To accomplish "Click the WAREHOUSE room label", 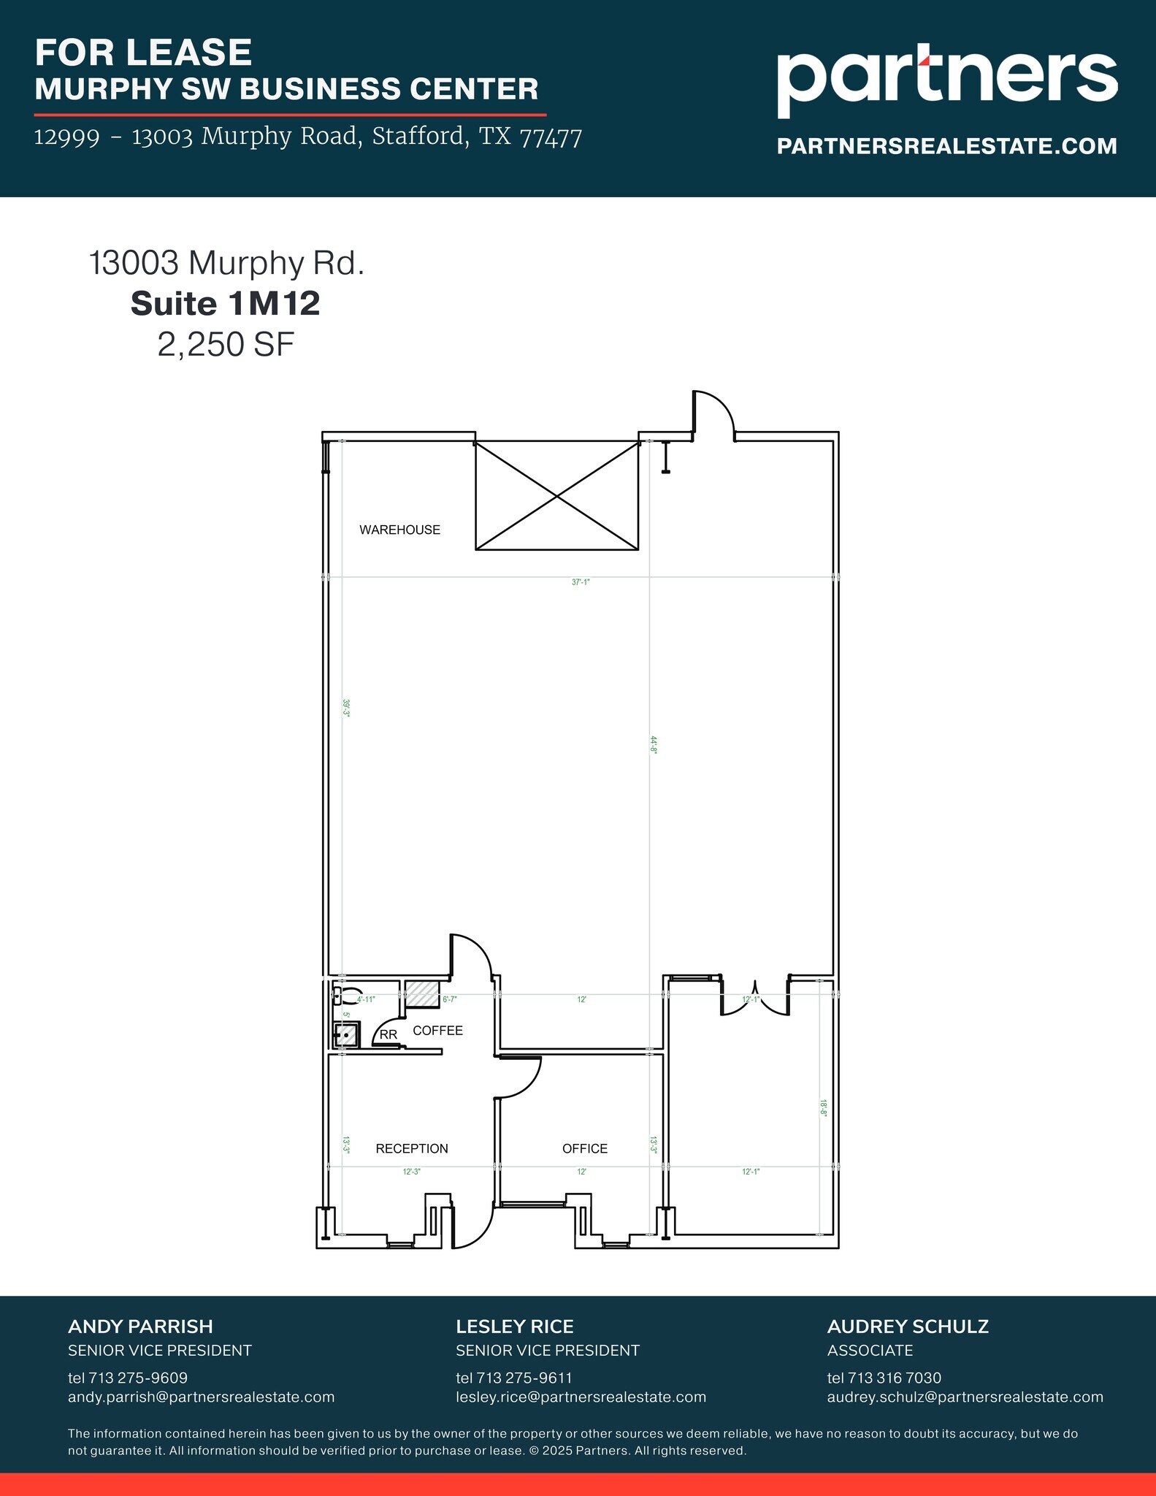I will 399,530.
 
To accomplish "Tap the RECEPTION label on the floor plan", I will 412,1148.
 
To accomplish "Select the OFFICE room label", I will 585,1148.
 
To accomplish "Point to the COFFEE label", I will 437,1031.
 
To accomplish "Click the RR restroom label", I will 388,1034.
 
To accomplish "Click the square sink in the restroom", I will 346,1035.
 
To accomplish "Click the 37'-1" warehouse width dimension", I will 581,582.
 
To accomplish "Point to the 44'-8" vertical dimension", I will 654,744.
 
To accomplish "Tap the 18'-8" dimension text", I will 823,1108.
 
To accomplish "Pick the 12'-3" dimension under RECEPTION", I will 412,1172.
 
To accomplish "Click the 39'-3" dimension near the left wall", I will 346,709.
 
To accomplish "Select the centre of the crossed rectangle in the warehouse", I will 557,496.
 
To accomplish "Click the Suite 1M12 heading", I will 226,303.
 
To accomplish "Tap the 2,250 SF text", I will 226,344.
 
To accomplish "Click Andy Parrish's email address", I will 201,1397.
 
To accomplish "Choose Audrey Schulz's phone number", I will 884,1378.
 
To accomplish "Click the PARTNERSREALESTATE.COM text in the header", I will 946,146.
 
